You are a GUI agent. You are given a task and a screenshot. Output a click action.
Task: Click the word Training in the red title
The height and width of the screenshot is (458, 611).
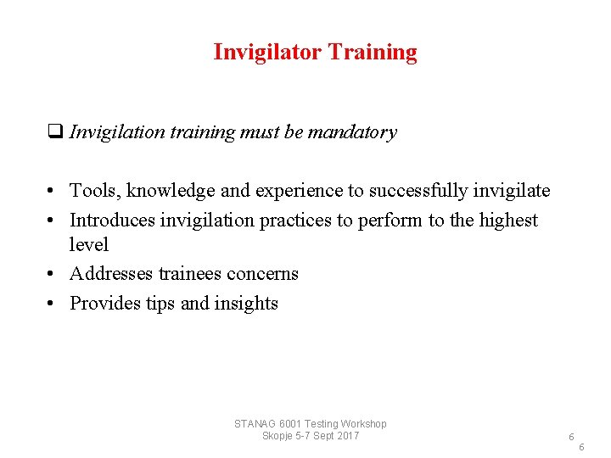[x=373, y=53]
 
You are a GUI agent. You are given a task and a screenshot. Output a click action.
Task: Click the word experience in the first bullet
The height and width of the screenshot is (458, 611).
[x=292, y=191]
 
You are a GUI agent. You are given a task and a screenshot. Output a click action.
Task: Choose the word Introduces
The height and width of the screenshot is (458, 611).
[x=112, y=221]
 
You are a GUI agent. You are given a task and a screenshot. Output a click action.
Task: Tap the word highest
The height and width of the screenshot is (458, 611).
[x=508, y=221]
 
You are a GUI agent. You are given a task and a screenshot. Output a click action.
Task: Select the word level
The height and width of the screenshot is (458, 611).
[x=89, y=244]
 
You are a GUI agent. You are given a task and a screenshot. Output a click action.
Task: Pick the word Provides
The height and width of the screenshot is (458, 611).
[x=104, y=304]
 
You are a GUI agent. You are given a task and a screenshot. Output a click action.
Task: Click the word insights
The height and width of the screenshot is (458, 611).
[x=247, y=304]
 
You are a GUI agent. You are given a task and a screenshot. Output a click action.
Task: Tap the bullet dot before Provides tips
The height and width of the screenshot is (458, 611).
[x=53, y=304]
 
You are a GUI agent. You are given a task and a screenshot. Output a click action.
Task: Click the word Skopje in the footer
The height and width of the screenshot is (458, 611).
[x=279, y=436]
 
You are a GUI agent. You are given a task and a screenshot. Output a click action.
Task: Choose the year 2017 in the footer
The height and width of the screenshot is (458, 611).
[x=348, y=436]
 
